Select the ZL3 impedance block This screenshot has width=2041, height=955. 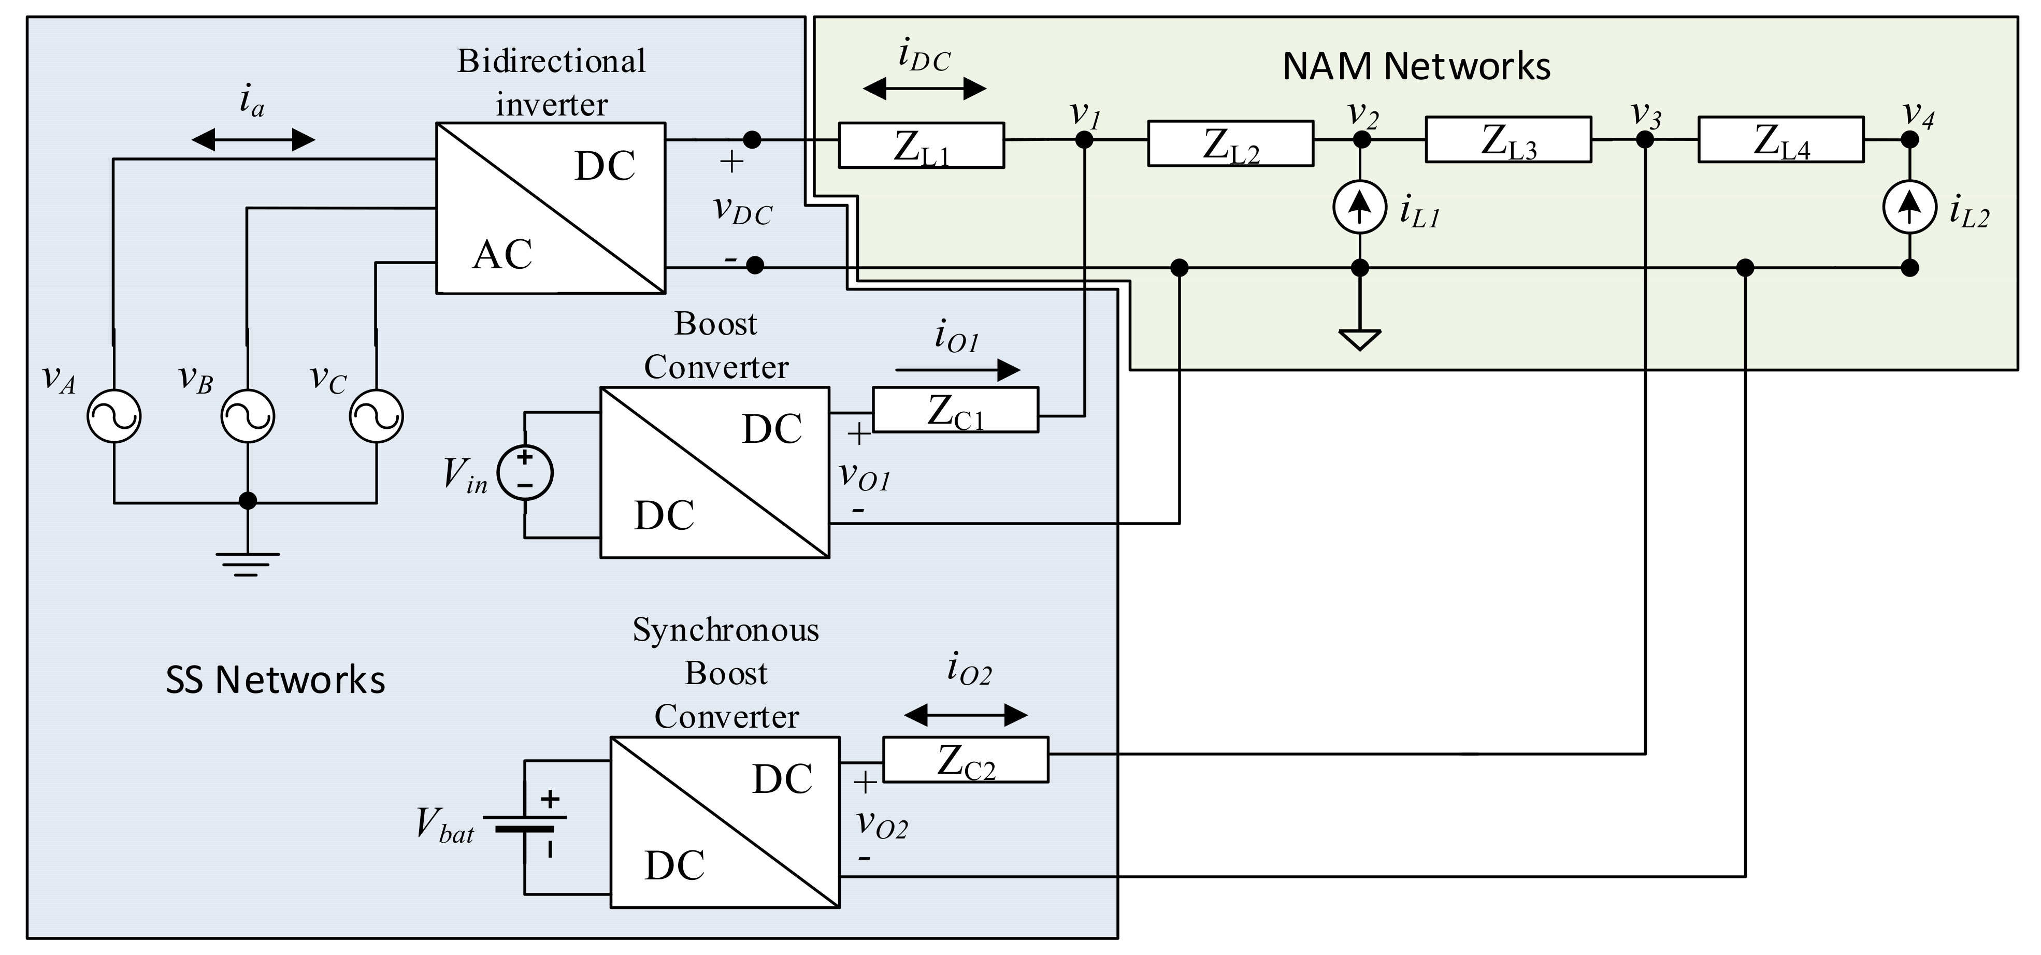(1508, 140)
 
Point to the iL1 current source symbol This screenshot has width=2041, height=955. (1360, 207)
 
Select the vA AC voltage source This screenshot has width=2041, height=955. (114, 416)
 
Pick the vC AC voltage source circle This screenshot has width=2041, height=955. (377, 416)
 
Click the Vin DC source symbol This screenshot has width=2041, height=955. (525, 473)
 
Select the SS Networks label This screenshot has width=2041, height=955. (275, 680)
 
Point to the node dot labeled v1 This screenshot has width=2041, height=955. (1084, 140)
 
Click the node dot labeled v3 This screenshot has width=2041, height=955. (1645, 140)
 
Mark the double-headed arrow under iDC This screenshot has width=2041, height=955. (924, 89)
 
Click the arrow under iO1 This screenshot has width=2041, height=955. (957, 370)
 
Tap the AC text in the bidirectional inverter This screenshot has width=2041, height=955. (502, 255)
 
